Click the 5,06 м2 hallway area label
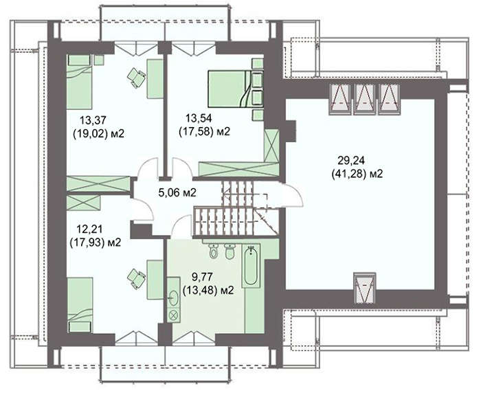pyautogui.click(x=177, y=192)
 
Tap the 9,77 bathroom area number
pyautogui.click(x=202, y=277)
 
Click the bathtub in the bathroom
pyautogui.click(x=251, y=266)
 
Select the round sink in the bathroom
pyautogui.click(x=174, y=297)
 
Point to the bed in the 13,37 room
pyautogui.click(x=79, y=82)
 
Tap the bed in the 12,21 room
pyautogui.click(x=80, y=305)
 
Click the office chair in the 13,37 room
pyautogui.click(x=136, y=77)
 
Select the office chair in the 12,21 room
pyautogui.click(x=136, y=279)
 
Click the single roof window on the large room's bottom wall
pyautogui.click(x=364, y=288)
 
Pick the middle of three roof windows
pyautogui.click(x=364, y=99)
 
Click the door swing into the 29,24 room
pyautogui.click(x=293, y=195)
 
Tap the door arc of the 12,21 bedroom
pyautogui.click(x=143, y=209)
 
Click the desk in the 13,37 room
pyautogui.click(x=155, y=79)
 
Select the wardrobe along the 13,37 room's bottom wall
pyautogui.click(x=98, y=184)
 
